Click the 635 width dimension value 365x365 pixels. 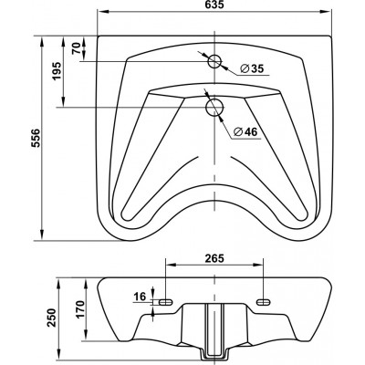[214, 5]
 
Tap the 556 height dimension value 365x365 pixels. [36, 138]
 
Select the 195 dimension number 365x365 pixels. [57, 71]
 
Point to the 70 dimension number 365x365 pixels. [76, 48]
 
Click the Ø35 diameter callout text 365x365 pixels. [251, 69]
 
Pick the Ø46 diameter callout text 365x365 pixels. [245, 131]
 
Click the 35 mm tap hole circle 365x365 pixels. [214, 61]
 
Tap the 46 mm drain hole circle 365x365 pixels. [214, 107]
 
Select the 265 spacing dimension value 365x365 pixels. [214, 258]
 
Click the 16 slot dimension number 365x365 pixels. [141, 296]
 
